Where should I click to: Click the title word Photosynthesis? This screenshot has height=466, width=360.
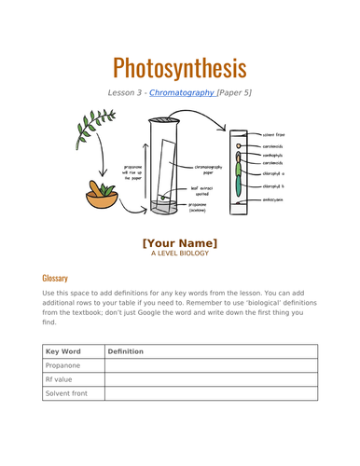click(x=179, y=68)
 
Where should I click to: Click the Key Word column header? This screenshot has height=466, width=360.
click(x=65, y=351)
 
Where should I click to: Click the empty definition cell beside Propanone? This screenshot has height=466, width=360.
click(x=210, y=366)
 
